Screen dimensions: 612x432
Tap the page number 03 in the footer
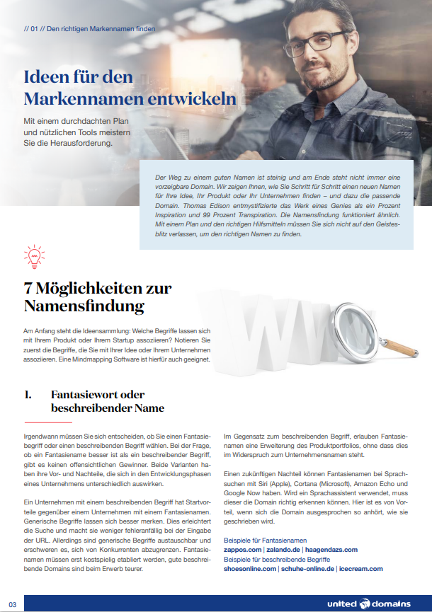[12, 603]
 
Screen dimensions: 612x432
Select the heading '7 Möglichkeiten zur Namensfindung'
[98, 297]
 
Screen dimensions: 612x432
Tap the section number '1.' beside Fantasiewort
[28, 395]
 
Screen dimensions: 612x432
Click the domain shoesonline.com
[250, 568]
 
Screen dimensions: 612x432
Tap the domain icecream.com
[360, 568]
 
